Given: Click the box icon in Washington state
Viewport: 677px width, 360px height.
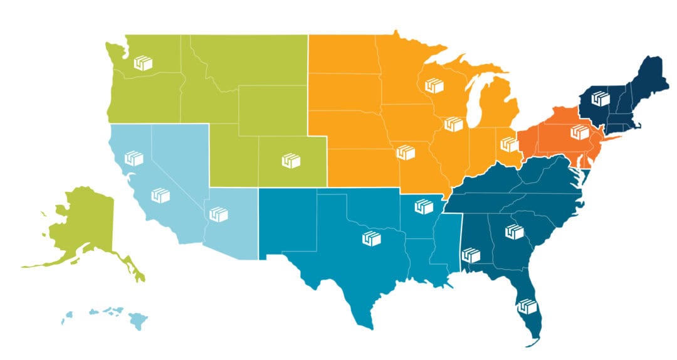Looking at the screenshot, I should pyautogui.click(x=144, y=63).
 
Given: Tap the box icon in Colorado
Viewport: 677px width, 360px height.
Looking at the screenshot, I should pyautogui.click(x=290, y=160).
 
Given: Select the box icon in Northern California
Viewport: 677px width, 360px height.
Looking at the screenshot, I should pyautogui.click(x=134, y=158).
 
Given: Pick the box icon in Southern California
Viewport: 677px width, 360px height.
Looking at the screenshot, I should pyautogui.click(x=160, y=195).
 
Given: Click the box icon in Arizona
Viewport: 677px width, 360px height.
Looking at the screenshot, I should pyautogui.click(x=218, y=214).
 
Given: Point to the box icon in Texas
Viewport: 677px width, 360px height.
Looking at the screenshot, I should pyautogui.click(x=372, y=238).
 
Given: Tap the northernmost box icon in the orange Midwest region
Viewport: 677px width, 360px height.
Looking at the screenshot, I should pyautogui.click(x=434, y=85).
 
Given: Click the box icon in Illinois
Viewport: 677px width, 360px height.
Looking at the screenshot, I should pyautogui.click(x=453, y=124).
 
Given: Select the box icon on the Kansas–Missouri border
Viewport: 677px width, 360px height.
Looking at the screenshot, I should pyautogui.click(x=406, y=151).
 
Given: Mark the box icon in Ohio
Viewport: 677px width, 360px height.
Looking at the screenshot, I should pyautogui.click(x=508, y=144).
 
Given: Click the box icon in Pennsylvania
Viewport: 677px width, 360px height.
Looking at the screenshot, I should pyautogui.click(x=580, y=132).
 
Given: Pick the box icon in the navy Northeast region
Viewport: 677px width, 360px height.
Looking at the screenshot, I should pyautogui.click(x=601, y=98).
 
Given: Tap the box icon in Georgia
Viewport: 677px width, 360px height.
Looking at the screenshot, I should pyautogui.click(x=515, y=231).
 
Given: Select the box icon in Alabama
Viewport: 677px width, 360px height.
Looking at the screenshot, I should pyautogui.click(x=470, y=255).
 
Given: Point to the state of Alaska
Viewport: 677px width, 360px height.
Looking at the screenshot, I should pyautogui.click(x=85, y=229).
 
